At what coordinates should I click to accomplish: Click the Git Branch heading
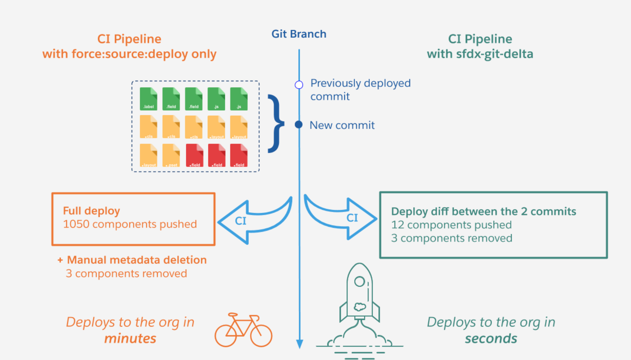299,34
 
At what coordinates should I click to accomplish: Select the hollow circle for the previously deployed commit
299,85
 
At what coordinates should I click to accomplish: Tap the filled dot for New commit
299,125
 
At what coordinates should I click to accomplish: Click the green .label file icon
148,99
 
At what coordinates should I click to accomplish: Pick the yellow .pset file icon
171,155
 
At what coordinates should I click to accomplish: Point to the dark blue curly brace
276,124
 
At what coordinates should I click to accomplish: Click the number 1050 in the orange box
76,224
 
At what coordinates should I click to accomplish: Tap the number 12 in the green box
397,225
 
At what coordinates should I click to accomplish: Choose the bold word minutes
130,338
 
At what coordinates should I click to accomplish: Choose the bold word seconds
491,338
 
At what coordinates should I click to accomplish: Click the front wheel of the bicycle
261,336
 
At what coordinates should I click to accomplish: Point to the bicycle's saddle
233,315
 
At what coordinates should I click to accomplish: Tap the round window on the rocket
359,281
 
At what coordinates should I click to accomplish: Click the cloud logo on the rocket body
360,306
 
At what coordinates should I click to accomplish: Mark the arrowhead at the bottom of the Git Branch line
299,344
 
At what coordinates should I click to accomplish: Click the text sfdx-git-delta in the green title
494,54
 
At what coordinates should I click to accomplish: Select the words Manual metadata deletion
137,260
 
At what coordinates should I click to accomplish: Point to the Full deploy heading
91,211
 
